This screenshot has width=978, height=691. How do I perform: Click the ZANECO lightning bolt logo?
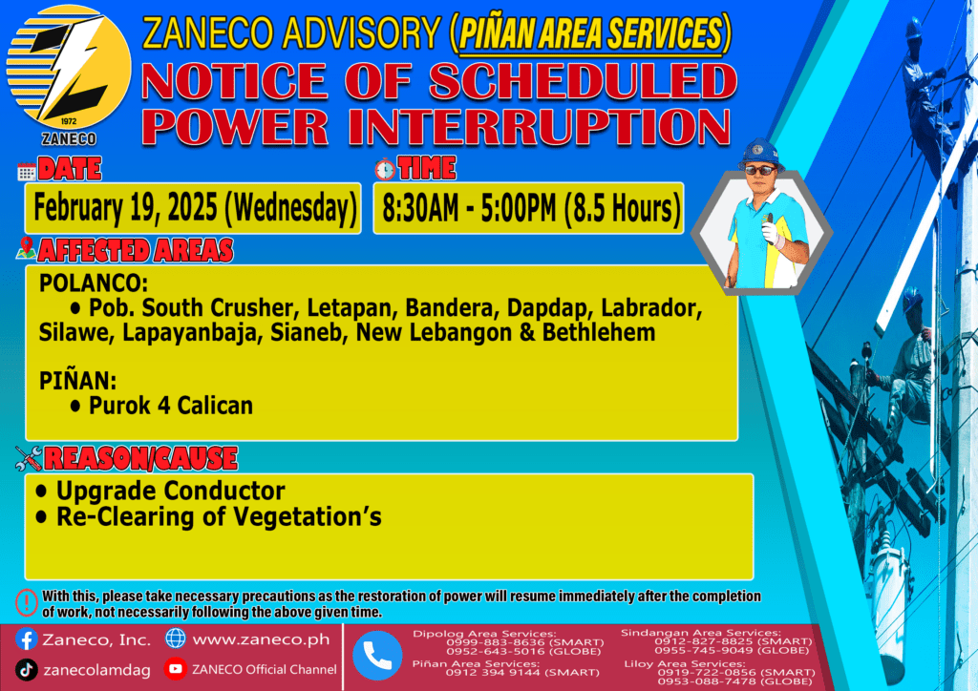[69, 68]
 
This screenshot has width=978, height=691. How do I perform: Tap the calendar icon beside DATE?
[26, 172]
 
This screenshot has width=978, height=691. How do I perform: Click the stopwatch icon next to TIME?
[385, 170]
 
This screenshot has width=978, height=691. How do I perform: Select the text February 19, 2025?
[125, 207]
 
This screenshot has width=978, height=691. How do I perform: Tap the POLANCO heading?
[94, 283]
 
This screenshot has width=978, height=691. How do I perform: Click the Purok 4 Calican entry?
[170, 406]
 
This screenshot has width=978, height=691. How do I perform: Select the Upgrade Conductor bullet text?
[170, 491]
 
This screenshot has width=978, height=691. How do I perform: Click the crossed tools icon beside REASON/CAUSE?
[29, 458]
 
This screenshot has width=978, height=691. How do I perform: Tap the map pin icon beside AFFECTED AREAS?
[26, 248]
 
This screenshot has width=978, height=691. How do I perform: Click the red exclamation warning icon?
[26, 603]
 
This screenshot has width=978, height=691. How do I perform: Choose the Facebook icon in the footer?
[26, 639]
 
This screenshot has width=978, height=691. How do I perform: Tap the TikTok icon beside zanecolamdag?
[26, 670]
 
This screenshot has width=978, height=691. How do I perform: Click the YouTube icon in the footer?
[176, 669]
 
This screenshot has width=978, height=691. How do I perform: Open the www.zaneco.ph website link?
[261, 639]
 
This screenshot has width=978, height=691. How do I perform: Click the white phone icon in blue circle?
[377, 656]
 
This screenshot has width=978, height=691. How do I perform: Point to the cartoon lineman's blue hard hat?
[760, 154]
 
